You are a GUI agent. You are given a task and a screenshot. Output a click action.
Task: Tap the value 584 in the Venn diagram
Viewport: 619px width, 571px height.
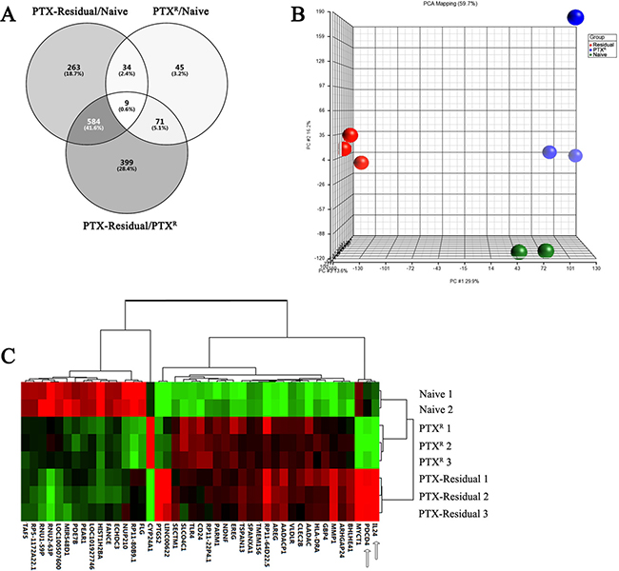[93, 148]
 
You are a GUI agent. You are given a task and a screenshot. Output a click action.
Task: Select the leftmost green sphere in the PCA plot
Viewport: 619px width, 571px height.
[519, 251]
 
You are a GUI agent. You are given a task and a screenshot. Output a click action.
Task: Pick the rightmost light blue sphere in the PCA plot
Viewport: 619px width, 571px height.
[575, 155]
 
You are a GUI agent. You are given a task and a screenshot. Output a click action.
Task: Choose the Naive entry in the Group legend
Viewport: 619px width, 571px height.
[565, 55]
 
